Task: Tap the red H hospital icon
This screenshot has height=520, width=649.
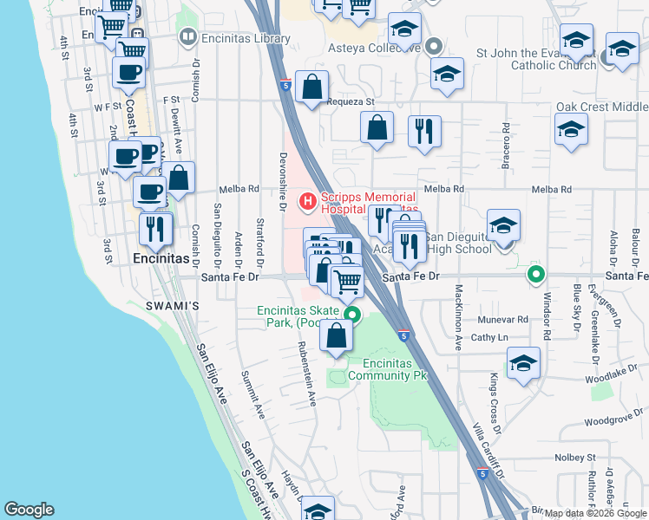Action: pos(307,203)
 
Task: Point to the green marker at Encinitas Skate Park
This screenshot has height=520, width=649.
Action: pos(352,315)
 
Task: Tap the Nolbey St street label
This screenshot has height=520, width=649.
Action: pos(578,457)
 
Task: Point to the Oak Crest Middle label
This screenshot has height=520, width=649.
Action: pos(602,107)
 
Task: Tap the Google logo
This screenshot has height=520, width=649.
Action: pos(29,510)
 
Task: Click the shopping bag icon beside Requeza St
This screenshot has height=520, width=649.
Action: pos(311,87)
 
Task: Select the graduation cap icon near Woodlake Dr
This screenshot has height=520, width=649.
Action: pos(523,364)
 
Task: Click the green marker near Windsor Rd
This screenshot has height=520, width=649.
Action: pos(536,276)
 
